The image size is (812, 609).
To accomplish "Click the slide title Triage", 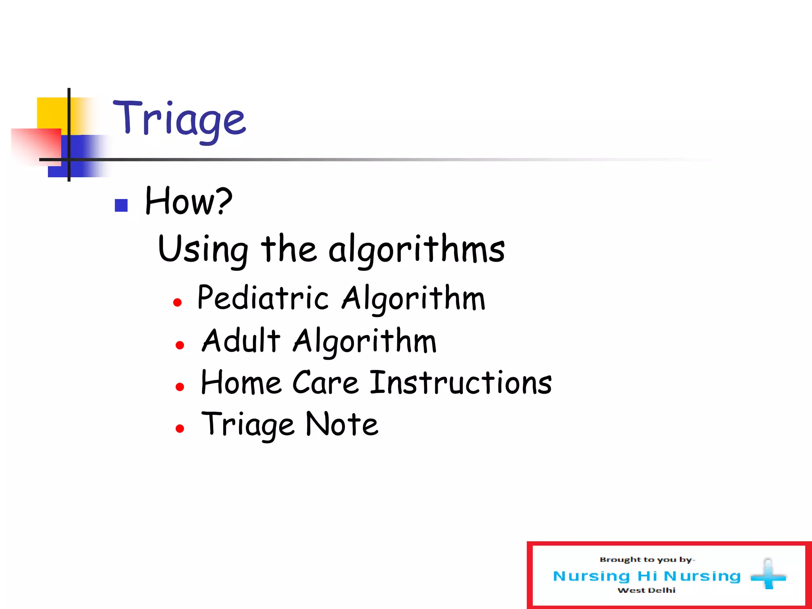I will [x=179, y=119].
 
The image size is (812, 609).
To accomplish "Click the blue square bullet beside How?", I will [x=121, y=205].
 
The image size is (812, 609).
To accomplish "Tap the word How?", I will [x=188, y=201].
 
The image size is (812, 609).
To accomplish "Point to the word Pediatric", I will [x=263, y=298].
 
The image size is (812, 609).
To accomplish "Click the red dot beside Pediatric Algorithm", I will [x=177, y=303].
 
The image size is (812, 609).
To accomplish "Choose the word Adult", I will [x=241, y=341].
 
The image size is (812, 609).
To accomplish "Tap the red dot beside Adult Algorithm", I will [x=180, y=345].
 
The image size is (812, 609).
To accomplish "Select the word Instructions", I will [x=461, y=383].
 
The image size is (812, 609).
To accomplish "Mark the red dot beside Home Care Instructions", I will [x=180, y=387].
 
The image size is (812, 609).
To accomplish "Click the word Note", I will [x=342, y=425].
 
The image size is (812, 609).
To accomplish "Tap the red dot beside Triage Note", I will [x=180, y=429].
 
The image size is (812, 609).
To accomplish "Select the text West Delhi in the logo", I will [x=646, y=590].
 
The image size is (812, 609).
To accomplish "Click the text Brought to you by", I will [x=646, y=560].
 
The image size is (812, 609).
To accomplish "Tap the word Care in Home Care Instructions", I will [x=325, y=383].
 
